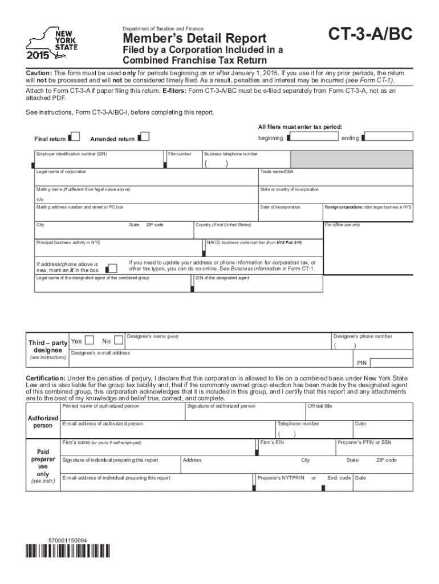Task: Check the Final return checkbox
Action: (73, 137)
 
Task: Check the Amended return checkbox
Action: (144, 137)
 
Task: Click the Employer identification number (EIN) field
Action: (100, 163)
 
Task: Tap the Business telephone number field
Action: (246, 164)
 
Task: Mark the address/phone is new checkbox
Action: (112, 268)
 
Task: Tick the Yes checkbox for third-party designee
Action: (90, 341)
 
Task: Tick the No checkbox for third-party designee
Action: (118, 341)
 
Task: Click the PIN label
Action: (361, 363)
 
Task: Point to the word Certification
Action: (46, 378)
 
